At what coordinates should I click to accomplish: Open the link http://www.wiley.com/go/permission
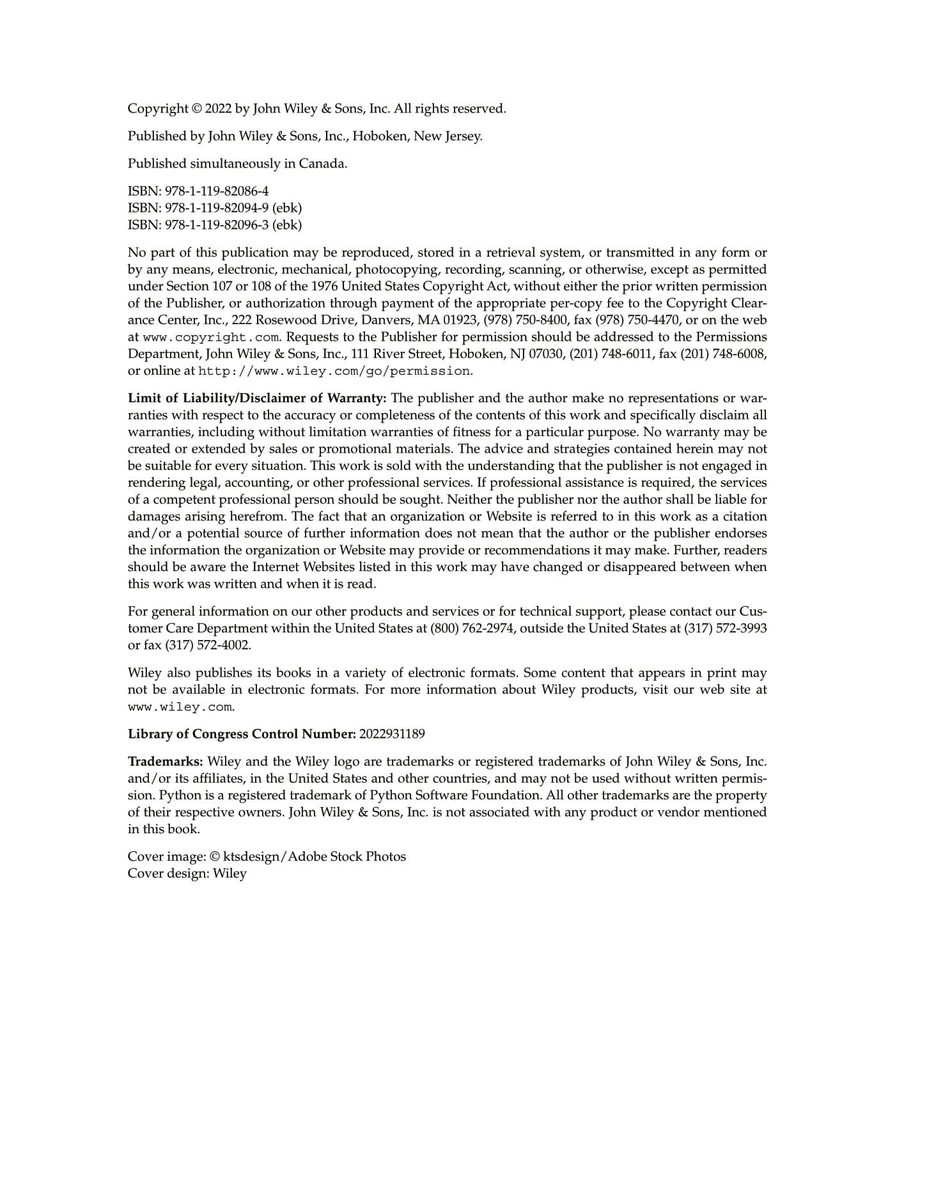coord(334,371)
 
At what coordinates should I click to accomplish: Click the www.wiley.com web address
coord(180,707)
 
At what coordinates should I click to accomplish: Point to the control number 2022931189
coord(392,734)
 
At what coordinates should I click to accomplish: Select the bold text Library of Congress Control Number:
coord(242,734)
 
